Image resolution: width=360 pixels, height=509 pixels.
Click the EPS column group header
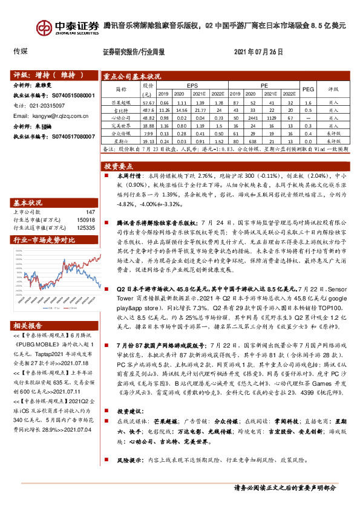[x=192, y=86]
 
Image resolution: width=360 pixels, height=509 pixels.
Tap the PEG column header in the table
[x=308, y=88]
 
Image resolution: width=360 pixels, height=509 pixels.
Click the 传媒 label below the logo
[x=21, y=52]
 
